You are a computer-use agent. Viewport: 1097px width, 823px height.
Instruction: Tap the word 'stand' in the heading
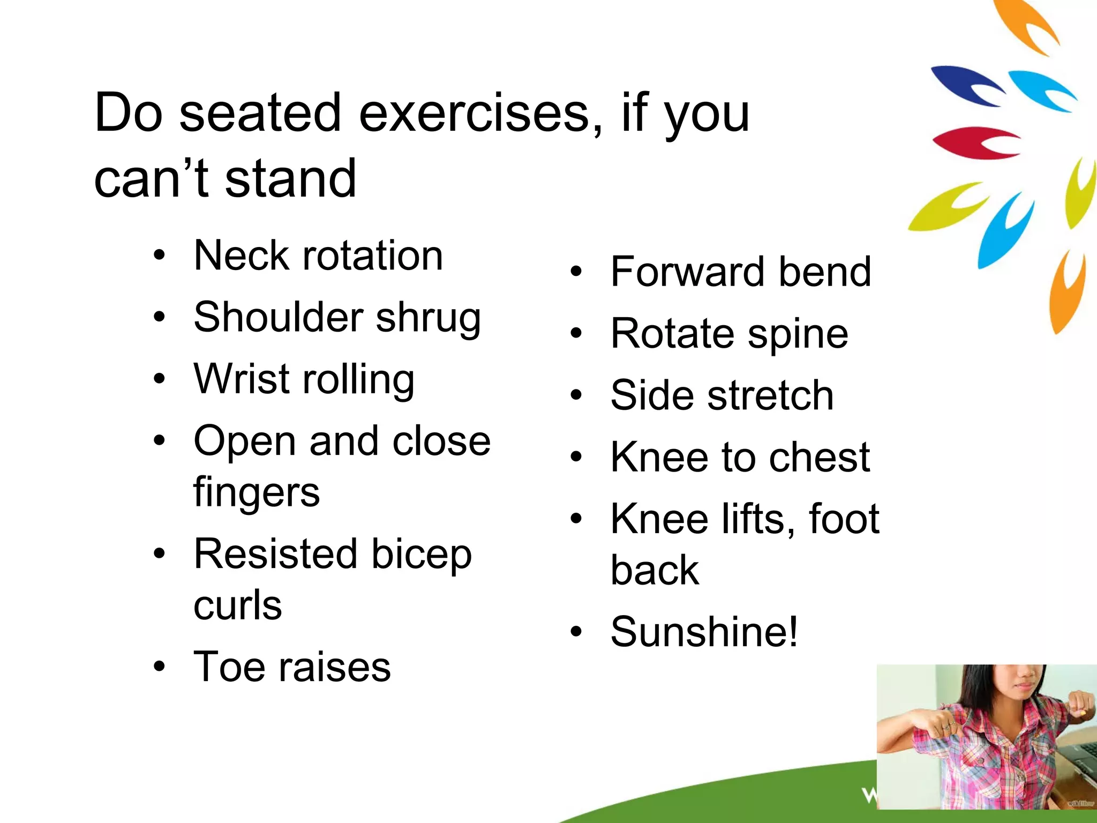(x=290, y=179)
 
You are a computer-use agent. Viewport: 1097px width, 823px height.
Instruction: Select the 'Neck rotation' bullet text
(x=318, y=256)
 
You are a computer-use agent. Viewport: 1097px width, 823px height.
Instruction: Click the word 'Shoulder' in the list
(x=279, y=317)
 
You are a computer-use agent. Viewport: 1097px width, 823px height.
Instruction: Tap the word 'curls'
(x=237, y=605)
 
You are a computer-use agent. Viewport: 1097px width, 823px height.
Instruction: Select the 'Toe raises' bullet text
(x=292, y=667)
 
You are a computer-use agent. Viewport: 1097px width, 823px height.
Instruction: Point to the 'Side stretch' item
(x=722, y=395)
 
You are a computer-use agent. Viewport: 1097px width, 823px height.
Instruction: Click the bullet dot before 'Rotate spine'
(x=576, y=333)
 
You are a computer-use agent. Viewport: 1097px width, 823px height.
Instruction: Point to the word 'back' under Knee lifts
(x=655, y=570)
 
